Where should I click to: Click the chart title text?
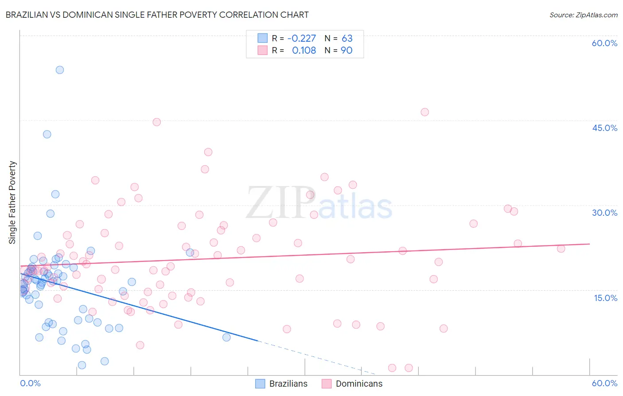tap(157, 15)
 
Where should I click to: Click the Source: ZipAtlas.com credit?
tap(583, 15)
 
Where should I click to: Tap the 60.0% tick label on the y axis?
tap(604, 43)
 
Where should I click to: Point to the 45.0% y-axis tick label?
tap(604, 128)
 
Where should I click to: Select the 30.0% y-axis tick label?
tap(604, 213)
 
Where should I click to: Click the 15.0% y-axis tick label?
tap(605, 298)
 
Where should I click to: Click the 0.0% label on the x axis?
tap(30, 383)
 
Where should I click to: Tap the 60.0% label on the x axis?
tap(604, 383)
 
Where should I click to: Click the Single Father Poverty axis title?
tap(12, 202)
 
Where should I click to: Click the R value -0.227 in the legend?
tap(302, 38)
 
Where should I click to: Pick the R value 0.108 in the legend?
tap(304, 50)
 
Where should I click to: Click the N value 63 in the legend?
tap(347, 38)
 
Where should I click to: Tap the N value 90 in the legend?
tap(347, 50)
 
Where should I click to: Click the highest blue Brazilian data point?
tap(60, 70)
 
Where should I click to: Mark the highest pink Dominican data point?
tap(424, 112)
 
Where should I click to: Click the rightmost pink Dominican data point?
tap(561, 249)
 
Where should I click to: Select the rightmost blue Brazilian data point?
tap(226, 337)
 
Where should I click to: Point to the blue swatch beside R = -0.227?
tap(262, 38)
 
